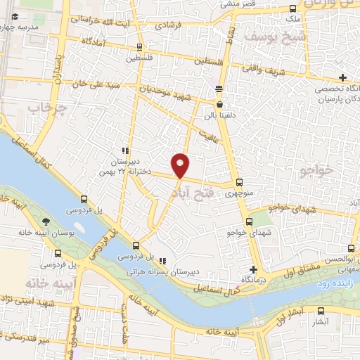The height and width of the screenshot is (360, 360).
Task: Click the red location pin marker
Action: [181, 165]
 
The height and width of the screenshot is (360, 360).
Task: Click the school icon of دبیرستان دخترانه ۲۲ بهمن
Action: [125, 150]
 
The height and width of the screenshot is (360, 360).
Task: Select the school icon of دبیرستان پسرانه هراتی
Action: [163, 260]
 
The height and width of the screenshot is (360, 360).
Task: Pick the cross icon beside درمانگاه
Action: [253, 269]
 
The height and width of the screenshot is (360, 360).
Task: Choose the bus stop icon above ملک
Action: [292, 9]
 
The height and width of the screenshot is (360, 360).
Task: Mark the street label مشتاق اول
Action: [291, 271]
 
